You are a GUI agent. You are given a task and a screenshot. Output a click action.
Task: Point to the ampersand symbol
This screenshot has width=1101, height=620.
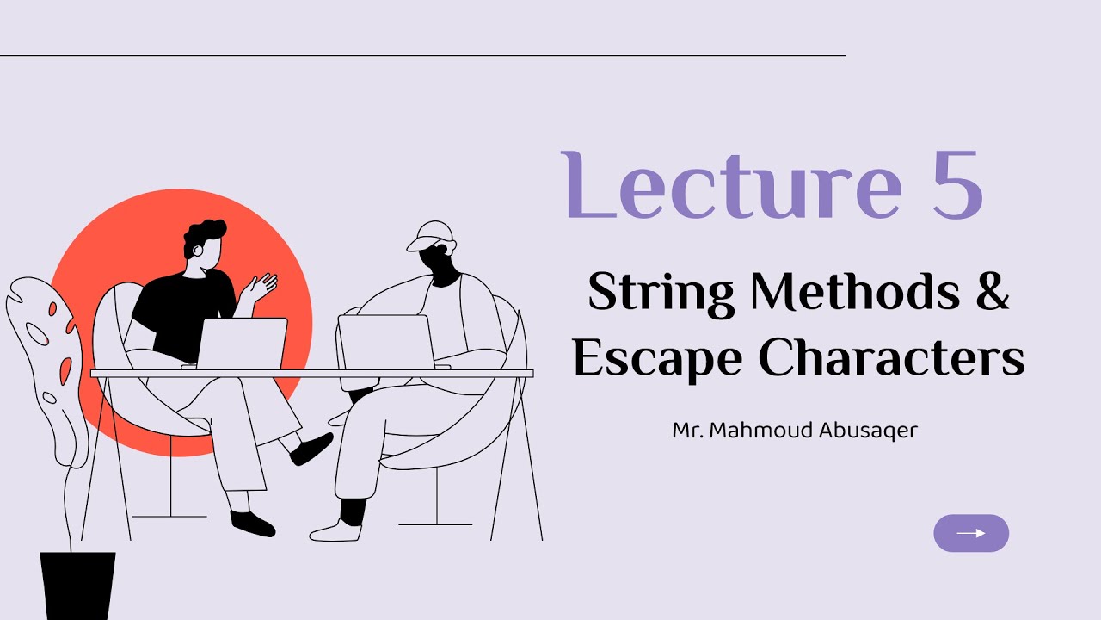[993, 291]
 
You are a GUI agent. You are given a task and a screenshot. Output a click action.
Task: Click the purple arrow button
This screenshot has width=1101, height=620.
[970, 533]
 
